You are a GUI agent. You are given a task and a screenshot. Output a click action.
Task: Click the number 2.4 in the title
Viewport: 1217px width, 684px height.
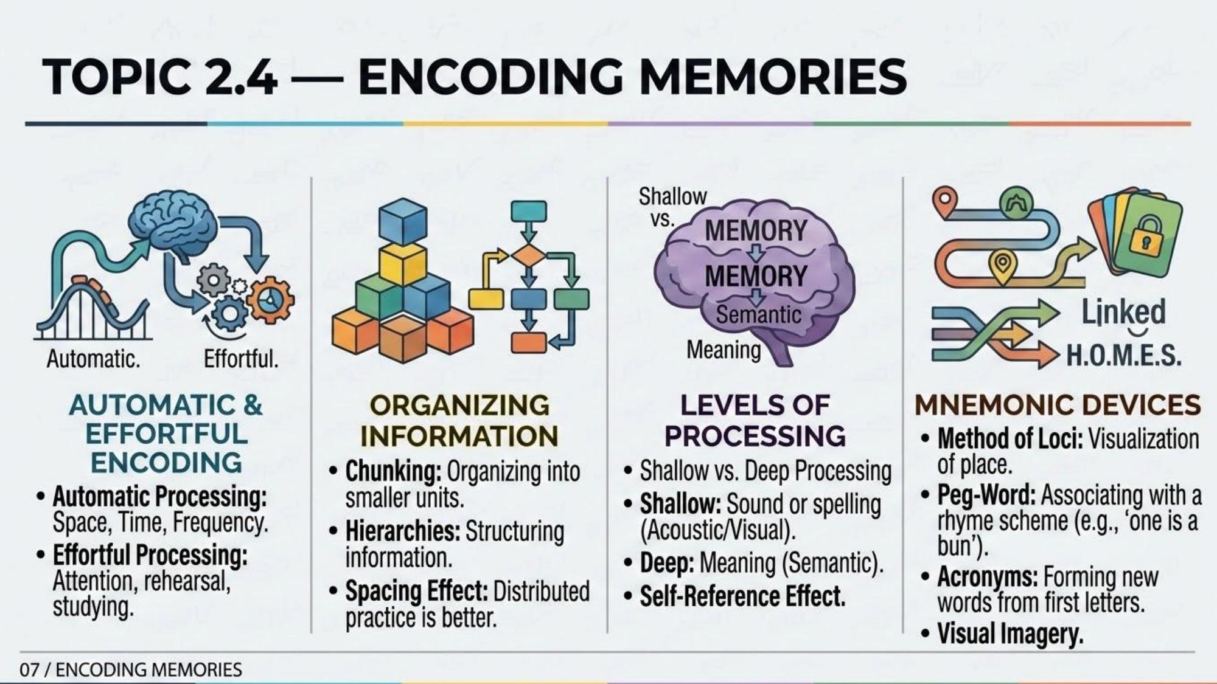243,77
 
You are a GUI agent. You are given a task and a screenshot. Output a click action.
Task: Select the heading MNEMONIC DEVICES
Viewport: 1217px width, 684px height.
1058,405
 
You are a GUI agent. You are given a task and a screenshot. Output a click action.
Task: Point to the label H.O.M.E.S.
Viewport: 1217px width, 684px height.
1123,355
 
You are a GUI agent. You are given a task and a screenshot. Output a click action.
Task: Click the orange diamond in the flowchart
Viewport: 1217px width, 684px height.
528,255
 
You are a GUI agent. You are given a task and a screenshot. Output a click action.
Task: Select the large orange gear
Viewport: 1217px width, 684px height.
270,299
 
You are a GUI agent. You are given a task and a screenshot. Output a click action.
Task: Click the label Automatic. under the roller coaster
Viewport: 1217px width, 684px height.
93,359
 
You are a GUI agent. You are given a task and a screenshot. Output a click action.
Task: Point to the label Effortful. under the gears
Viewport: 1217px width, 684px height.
241,359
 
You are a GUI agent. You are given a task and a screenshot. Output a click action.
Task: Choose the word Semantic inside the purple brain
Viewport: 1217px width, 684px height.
758,314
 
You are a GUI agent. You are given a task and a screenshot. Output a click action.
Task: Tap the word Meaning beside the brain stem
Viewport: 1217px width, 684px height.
724,350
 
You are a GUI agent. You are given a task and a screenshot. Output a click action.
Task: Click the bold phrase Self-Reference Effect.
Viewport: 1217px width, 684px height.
742,596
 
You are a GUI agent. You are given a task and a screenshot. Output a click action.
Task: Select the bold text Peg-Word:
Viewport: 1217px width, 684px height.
986,495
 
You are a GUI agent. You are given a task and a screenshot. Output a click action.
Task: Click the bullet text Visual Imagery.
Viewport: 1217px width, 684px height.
1010,634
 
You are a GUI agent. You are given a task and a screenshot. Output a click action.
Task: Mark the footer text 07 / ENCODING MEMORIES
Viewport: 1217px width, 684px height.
131,669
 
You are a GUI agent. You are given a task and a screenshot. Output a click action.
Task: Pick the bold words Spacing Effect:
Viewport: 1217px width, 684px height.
417,591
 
